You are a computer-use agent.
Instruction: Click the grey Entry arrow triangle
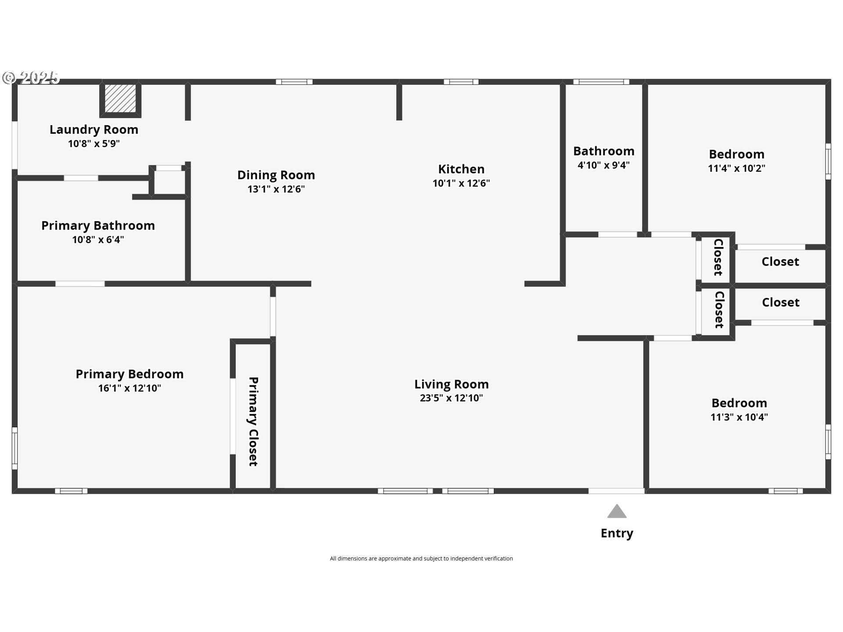[617, 511]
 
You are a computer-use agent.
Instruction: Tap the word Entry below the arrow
[617, 533]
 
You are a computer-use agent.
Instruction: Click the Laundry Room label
[94, 129]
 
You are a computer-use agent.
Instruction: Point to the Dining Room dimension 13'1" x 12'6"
[276, 189]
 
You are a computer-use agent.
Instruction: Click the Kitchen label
[461, 169]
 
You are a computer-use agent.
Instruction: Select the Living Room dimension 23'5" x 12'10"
[451, 398]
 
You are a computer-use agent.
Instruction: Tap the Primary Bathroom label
[98, 226]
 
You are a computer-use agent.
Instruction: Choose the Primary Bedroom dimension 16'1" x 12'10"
[130, 388]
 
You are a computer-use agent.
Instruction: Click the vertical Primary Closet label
[253, 421]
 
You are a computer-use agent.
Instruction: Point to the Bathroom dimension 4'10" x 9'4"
[604, 165]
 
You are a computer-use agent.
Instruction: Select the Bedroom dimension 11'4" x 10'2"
[737, 168]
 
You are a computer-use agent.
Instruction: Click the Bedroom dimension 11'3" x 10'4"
[739, 417]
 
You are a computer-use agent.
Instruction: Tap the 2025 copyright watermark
[31, 78]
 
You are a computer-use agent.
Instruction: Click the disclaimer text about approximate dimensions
[421, 558]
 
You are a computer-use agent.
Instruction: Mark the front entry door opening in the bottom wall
[616, 491]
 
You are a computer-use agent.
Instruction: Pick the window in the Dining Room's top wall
[294, 82]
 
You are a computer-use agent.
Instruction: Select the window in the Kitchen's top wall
[461, 82]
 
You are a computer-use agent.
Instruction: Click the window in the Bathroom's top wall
[601, 82]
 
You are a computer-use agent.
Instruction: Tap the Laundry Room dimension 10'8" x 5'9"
[94, 144]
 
